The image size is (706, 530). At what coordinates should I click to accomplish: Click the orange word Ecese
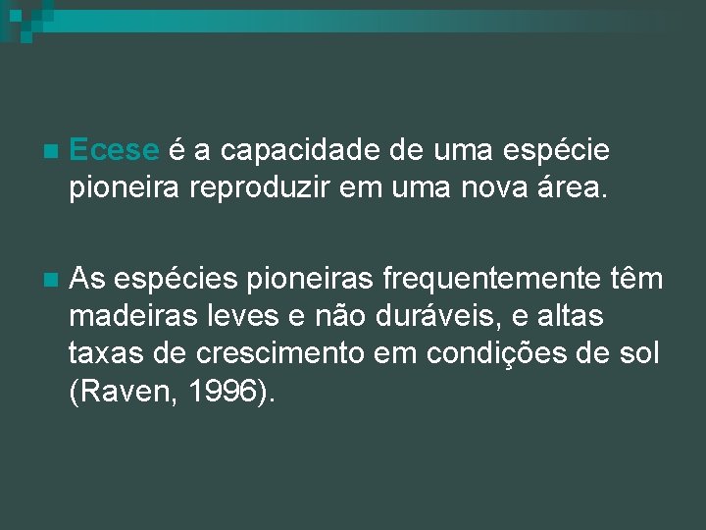tap(115, 150)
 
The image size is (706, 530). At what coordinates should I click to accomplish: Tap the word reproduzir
tap(278, 186)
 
